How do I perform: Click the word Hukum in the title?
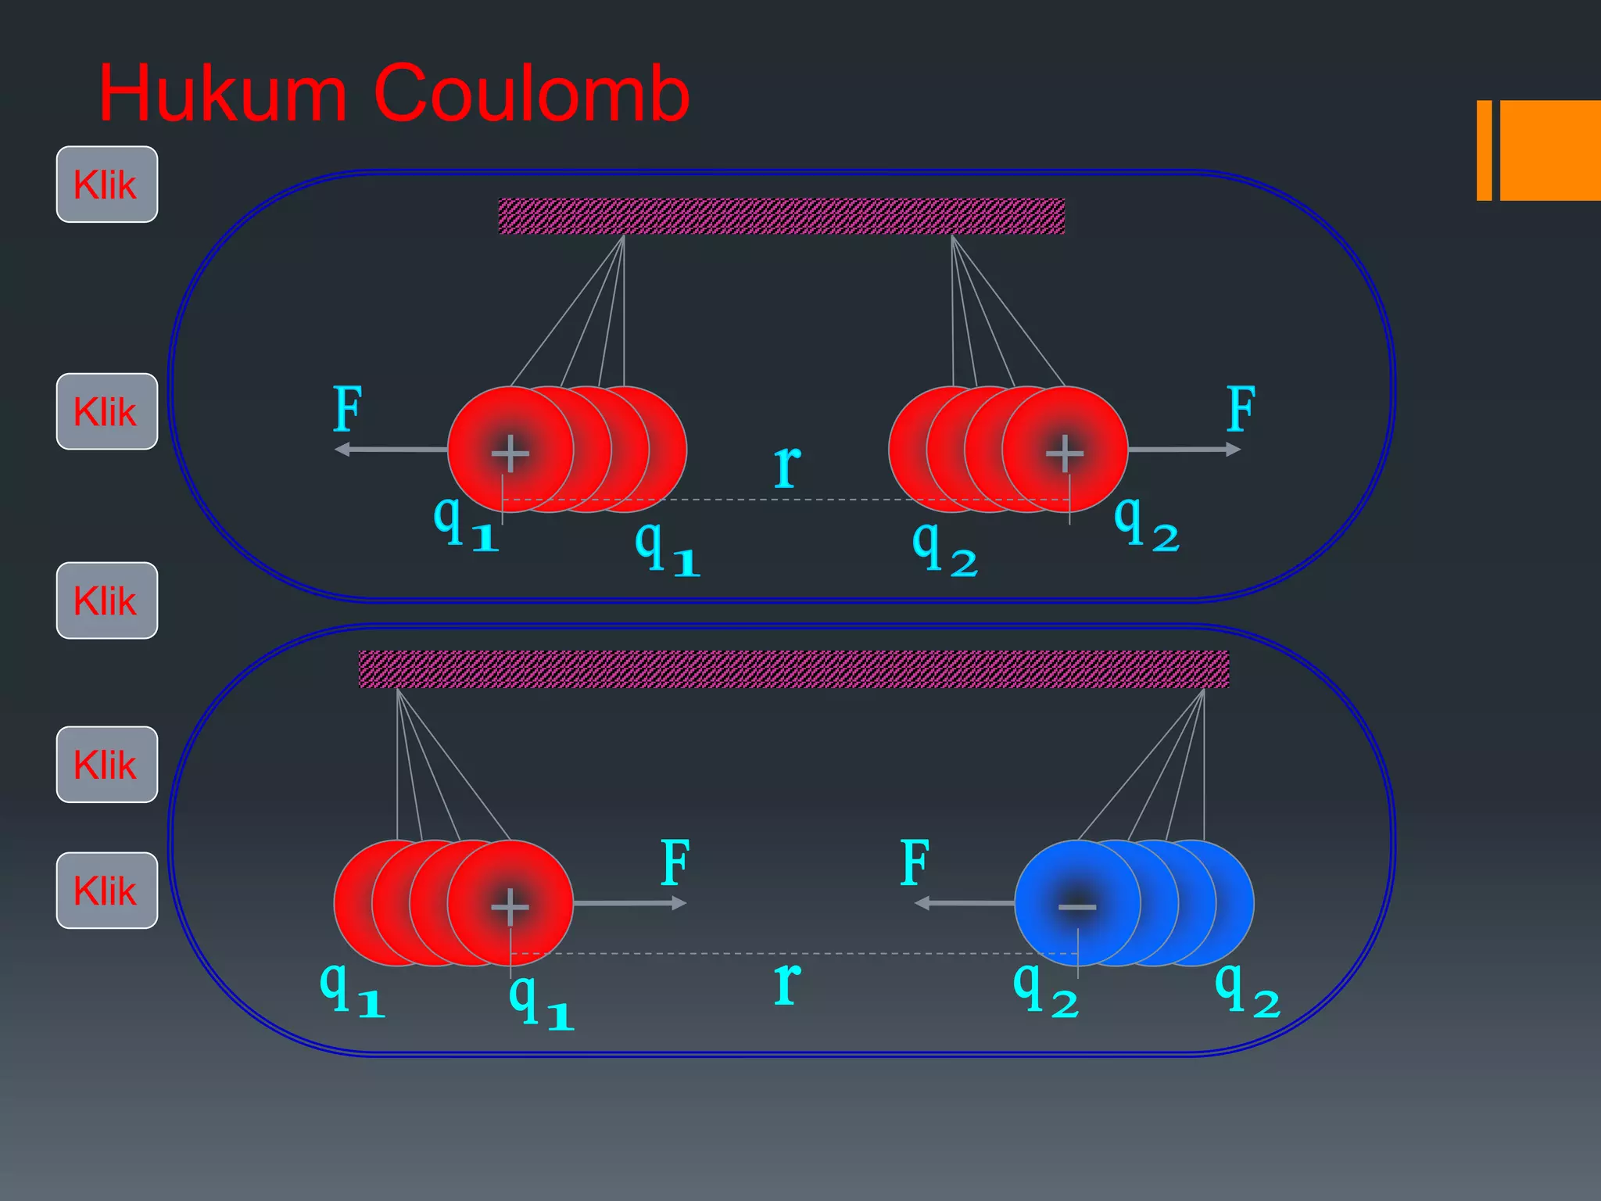pos(223,94)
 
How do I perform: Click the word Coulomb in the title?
pos(532,94)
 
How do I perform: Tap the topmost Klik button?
pos(107,185)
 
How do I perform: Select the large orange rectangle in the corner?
pos(1550,150)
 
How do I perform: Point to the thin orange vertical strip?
pos(1484,150)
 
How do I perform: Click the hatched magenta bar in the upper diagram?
pos(782,217)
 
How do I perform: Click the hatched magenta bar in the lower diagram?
pos(793,669)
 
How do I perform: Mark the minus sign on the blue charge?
pos(1077,907)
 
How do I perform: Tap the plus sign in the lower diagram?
pos(510,907)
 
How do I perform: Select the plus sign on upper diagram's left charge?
pos(510,454)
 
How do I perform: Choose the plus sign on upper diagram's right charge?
pos(1065,454)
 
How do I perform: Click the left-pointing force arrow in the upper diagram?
pos(391,450)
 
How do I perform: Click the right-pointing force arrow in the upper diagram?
pos(1184,450)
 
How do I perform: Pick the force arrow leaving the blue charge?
pos(965,903)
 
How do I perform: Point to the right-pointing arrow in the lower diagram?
pos(630,903)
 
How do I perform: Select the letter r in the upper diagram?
pos(788,466)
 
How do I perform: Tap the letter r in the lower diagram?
pos(788,983)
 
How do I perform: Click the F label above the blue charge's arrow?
pos(915,862)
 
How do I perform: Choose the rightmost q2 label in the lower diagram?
pos(1248,990)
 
